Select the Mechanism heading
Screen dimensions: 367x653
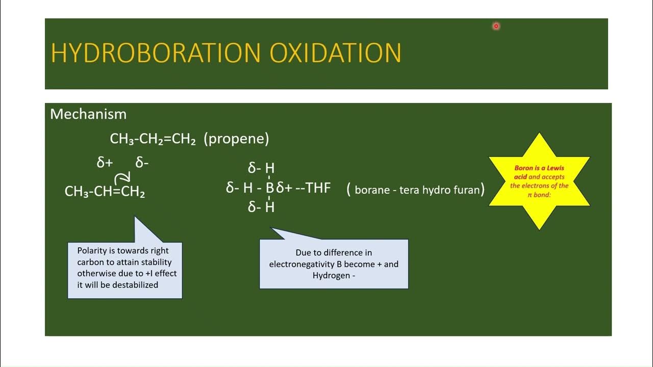(x=88, y=114)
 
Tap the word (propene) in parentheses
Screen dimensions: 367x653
(x=236, y=139)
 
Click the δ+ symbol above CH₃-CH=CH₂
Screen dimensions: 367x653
(x=105, y=163)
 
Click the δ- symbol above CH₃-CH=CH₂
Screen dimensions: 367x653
(x=142, y=163)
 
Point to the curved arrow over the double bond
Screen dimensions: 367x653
(x=122, y=177)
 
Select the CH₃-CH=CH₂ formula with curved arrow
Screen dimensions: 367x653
(x=105, y=192)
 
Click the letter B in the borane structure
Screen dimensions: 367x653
(x=269, y=188)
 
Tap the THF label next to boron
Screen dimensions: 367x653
(x=318, y=188)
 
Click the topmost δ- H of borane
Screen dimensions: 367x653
(x=261, y=168)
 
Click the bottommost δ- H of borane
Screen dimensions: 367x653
(x=261, y=207)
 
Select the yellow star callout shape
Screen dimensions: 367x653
(x=539, y=181)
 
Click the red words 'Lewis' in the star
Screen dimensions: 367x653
(x=554, y=168)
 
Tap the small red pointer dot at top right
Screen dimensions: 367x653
(x=496, y=26)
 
